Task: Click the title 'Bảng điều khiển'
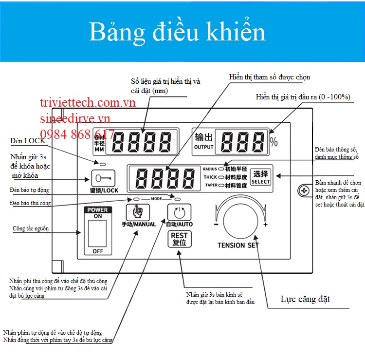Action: pos(177,32)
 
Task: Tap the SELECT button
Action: pos(261,177)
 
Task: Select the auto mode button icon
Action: pos(179,212)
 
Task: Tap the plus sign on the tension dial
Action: pos(265,225)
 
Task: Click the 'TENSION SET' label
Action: pos(238,246)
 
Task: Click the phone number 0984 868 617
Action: pos(78,134)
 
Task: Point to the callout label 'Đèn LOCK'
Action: pos(28,141)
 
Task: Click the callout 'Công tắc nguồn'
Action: pos(30,228)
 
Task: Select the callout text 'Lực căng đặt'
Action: pos(306,299)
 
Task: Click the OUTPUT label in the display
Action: pos(204,147)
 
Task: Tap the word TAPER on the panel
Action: pos(210,185)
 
